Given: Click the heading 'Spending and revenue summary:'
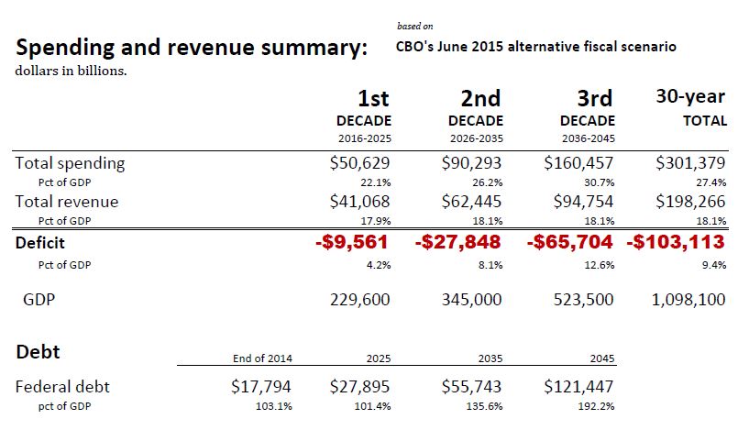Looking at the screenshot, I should pyautogui.click(x=191, y=48).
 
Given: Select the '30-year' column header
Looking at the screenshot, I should pyautogui.click(x=690, y=96).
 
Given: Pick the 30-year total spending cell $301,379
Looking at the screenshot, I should pyautogui.click(x=691, y=164).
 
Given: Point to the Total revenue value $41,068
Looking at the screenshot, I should pyautogui.click(x=360, y=202).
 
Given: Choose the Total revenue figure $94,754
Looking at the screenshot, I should pyautogui.click(x=578, y=202).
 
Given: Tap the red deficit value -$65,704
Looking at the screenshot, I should pyautogui.click(x=571, y=243).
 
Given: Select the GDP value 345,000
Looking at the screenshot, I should pyautogui.click(x=468, y=300).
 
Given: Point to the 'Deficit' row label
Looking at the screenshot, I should pyautogui.click(x=40, y=244).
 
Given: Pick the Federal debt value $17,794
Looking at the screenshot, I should pyautogui.click(x=261, y=387).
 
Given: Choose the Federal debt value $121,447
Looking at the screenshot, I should pyautogui.click(x=578, y=387).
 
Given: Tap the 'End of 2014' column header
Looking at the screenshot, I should pyautogui.click(x=264, y=358).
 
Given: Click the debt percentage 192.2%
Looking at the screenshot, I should pyautogui.click(x=596, y=405).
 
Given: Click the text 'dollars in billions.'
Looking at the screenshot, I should pyautogui.click(x=71, y=71).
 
